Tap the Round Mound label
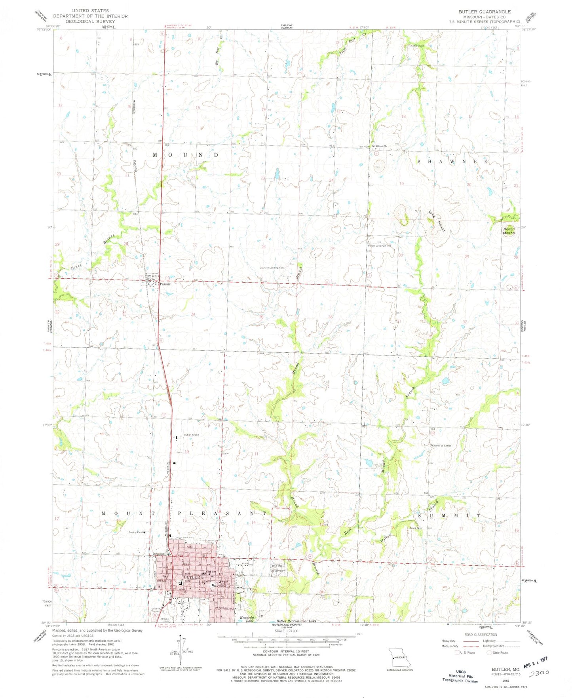(509, 231)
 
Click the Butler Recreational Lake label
(296, 621)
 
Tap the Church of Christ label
(441, 445)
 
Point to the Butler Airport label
(191, 435)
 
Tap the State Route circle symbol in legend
(490, 652)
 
